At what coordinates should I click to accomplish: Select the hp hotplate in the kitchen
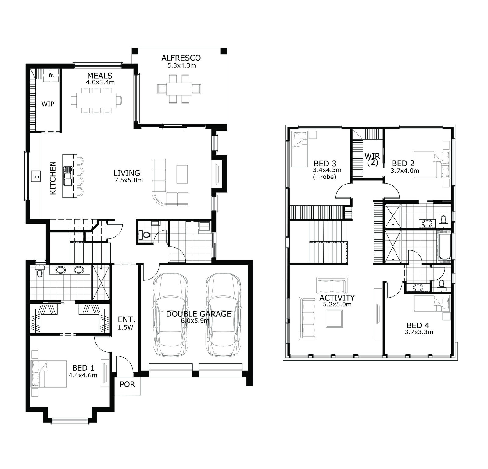(36, 176)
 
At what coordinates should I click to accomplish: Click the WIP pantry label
(48, 104)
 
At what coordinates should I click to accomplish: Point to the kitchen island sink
(68, 176)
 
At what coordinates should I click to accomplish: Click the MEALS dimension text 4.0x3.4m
(100, 82)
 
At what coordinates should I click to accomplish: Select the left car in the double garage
(170, 314)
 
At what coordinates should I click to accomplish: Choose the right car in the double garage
(223, 314)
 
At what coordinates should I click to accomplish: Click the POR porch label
(127, 384)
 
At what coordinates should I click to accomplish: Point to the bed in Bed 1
(49, 374)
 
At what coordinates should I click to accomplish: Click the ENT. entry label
(126, 320)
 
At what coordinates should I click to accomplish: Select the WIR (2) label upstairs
(372, 160)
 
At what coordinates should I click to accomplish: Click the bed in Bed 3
(299, 149)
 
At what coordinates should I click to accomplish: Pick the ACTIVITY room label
(337, 298)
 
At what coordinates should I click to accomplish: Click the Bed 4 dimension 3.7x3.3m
(419, 332)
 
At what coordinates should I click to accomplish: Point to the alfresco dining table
(179, 89)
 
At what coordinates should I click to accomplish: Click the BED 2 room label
(404, 164)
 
